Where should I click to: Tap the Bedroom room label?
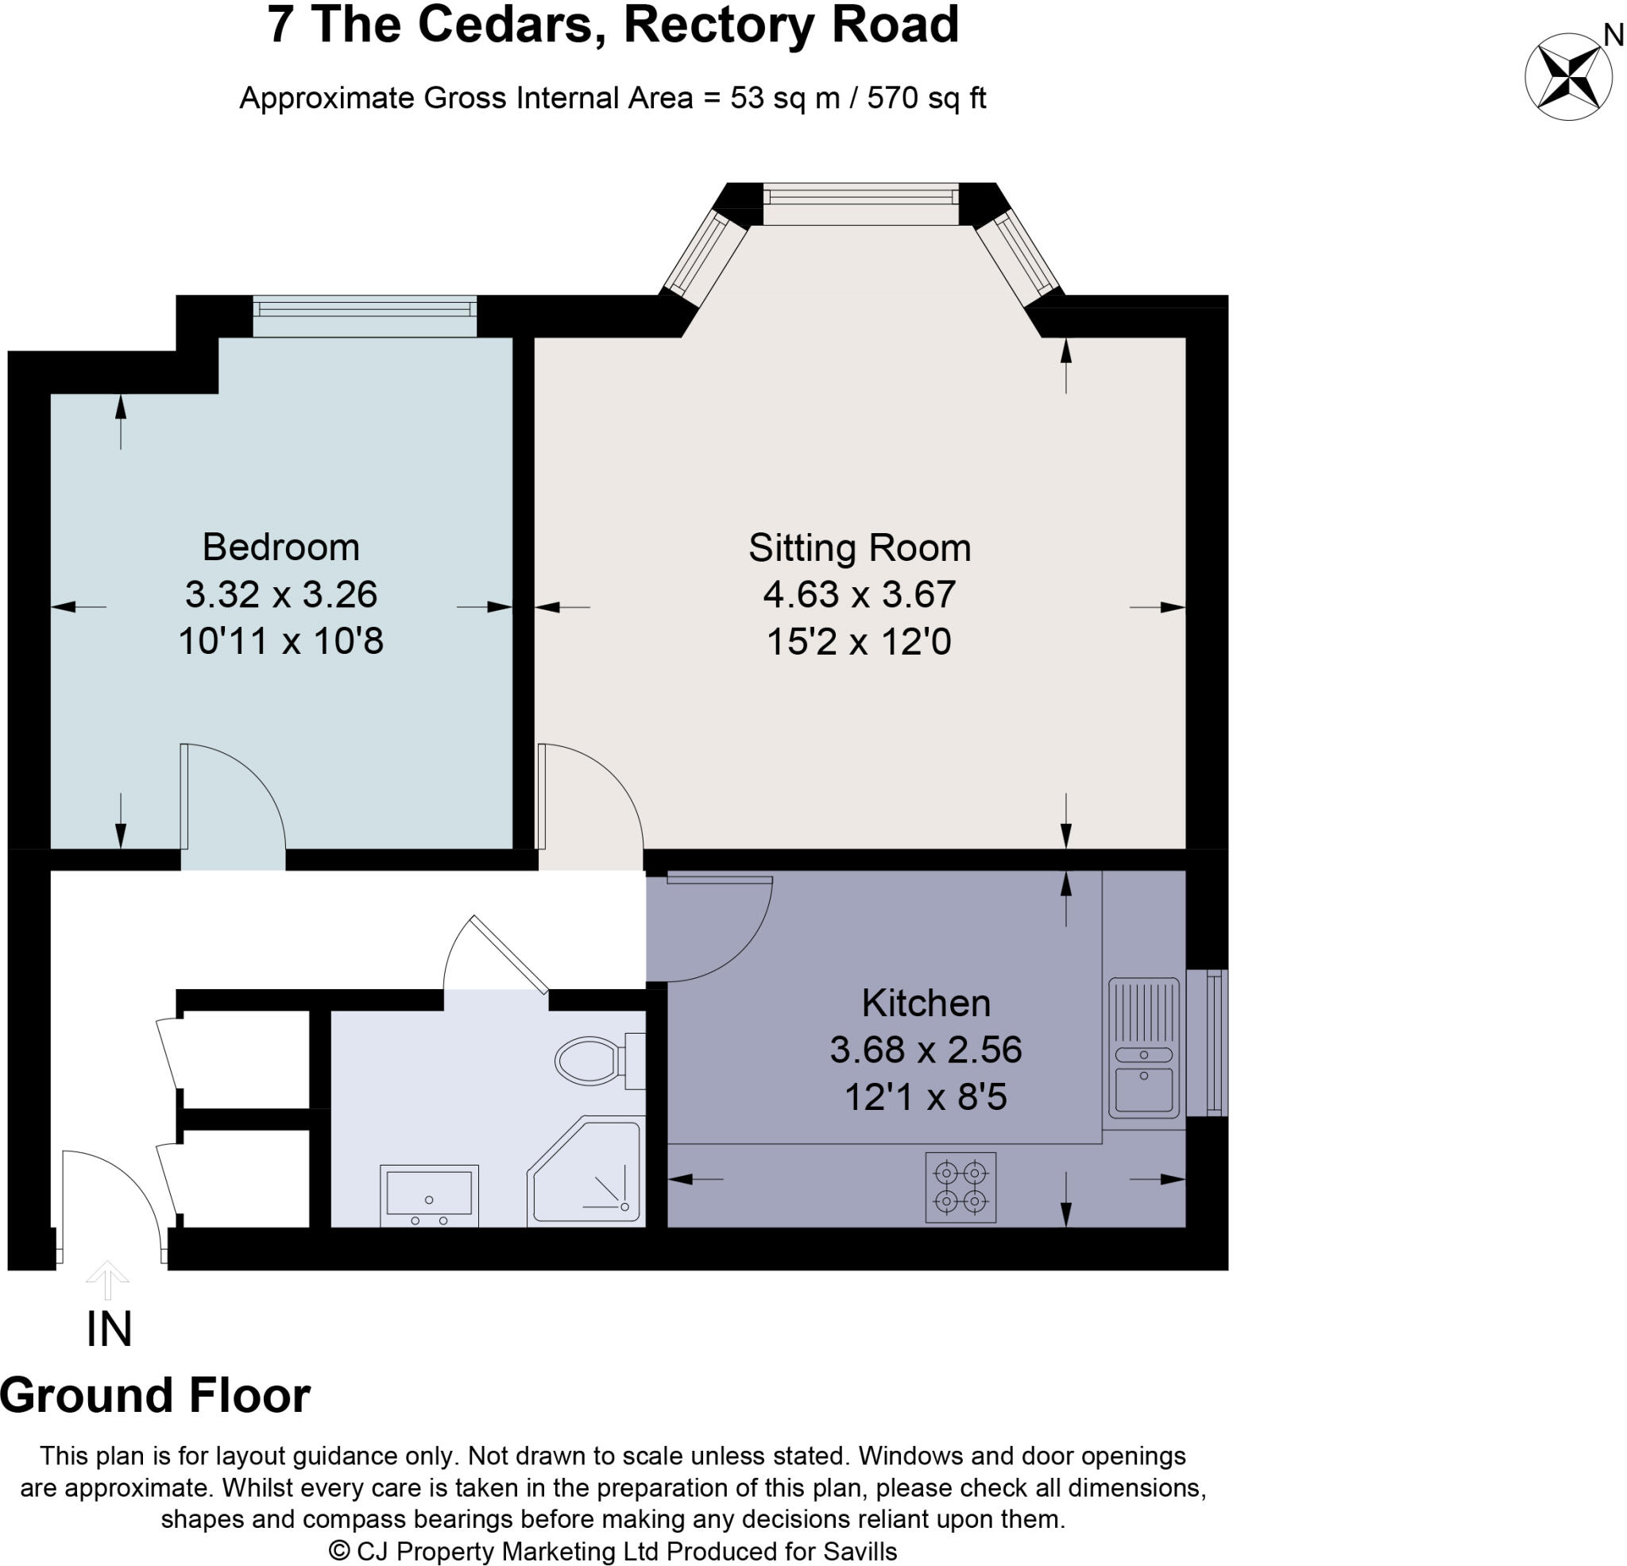point(281,547)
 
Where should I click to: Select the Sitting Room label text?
point(859,548)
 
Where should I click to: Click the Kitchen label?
point(926,1003)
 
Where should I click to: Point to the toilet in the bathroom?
point(600,1061)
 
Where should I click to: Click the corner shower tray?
point(586,1172)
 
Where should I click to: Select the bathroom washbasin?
point(429,1196)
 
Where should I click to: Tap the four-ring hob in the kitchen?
point(960,1187)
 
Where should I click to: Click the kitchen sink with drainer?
point(1144,1047)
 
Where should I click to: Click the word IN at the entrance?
point(109,1329)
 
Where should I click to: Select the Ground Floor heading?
point(155,1396)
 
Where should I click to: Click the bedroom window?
point(365,316)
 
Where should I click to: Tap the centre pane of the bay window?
point(861,203)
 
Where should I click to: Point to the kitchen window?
point(1207,1043)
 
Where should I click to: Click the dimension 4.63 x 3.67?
point(859,594)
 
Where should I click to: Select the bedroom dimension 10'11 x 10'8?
point(281,641)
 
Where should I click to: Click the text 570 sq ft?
point(926,98)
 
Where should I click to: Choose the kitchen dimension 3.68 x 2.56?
point(926,1050)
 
